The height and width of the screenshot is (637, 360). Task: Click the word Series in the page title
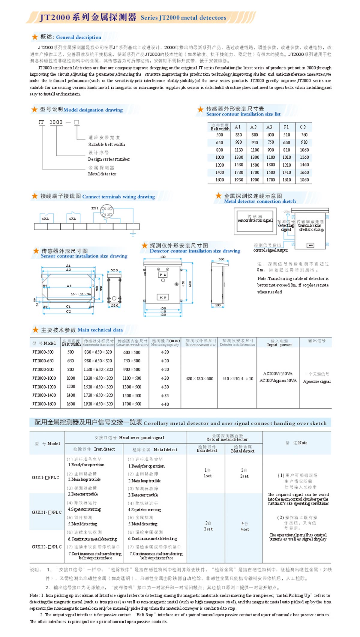(x=149, y=18)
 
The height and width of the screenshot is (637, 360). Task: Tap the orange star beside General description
(x=35, y=37)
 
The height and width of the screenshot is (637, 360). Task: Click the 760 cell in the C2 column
(x=304, y=135)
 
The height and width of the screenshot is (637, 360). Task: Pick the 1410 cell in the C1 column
(x=286, y=172)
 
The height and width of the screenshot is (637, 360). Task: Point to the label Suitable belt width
(x=106, y=145)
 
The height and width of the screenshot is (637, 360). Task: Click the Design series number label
(x=109, y=159)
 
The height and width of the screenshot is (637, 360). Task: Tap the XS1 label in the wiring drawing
(x=95, y=208)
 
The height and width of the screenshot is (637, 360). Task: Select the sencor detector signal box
(x=255, y=220)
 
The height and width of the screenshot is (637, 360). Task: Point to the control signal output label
(x=270, y=250)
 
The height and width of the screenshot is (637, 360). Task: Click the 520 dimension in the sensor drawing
(x=114, y=270)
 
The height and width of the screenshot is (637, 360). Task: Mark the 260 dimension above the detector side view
(x=221, y=259)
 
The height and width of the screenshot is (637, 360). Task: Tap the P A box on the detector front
(x=163, y=275)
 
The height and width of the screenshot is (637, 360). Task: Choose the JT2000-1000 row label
(x=44, y=378)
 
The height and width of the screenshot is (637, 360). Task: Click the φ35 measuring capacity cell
(x=165, y=396)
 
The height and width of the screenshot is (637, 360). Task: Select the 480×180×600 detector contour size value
(x=199, y=379)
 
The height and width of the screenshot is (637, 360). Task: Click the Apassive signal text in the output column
(x=317, y=381)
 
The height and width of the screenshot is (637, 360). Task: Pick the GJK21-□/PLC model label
(x=47, y=512)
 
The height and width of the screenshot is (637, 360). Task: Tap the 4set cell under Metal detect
(x=244, y=529)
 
